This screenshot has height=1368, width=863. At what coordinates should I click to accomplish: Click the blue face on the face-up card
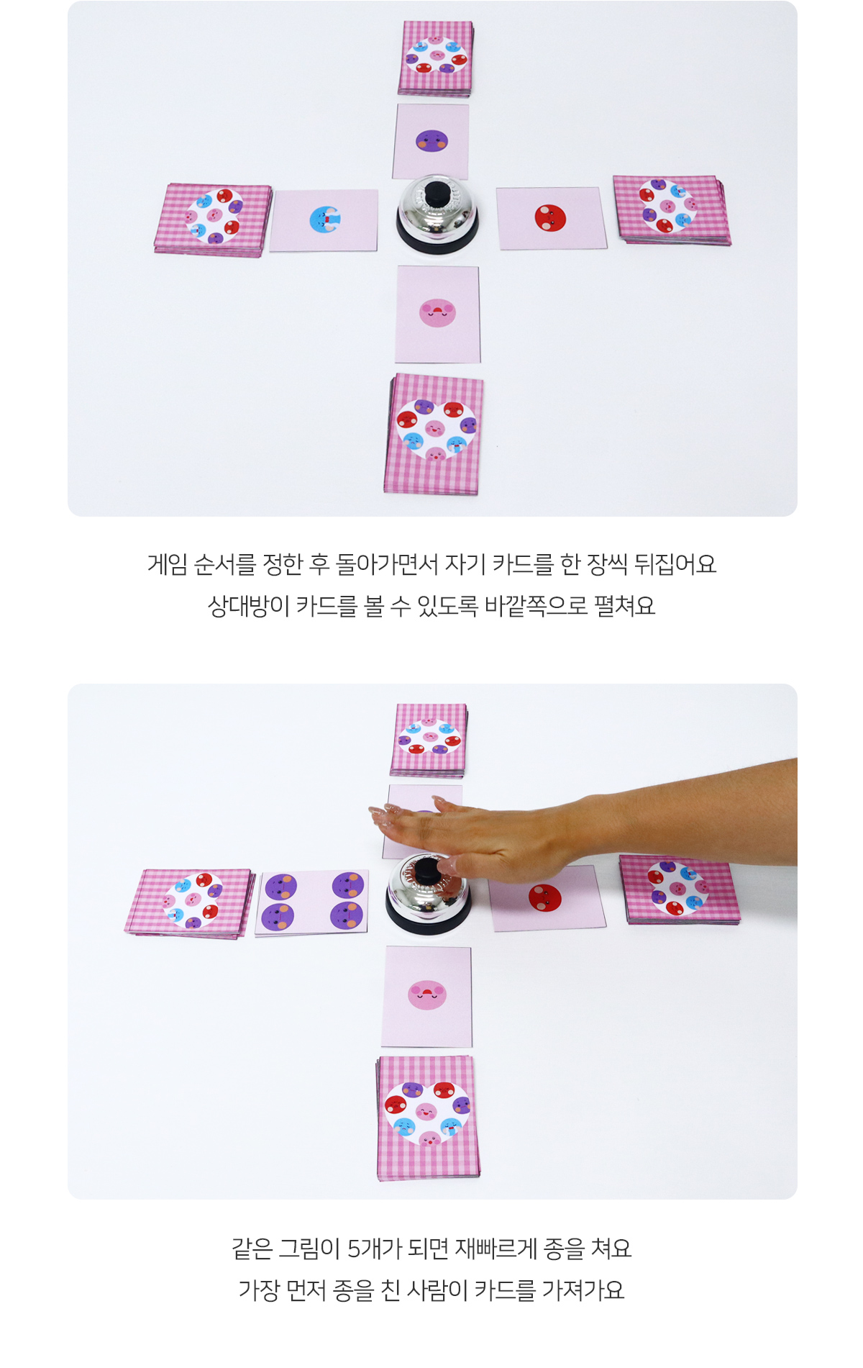coord(324,219)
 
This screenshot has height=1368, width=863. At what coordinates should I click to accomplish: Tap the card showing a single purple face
coord(431,142)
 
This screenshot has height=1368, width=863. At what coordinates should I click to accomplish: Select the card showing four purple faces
coord(312,902)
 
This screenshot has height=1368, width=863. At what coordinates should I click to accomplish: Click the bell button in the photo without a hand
coord(437,194)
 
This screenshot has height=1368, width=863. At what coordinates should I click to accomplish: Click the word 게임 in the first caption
coord(168,563)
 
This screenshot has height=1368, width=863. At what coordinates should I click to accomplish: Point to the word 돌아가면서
coord(387,563)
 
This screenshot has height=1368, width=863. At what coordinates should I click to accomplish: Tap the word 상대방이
coord(248,605)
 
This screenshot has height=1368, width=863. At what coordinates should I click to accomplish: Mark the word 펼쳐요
coord(624,605)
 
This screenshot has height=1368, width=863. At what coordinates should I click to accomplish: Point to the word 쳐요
coord(611,1248)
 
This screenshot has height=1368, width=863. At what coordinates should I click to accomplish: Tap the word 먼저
coord(306,1290)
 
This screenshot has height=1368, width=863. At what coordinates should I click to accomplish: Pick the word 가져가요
coord(583,1290)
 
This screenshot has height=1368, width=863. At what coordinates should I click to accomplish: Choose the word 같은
coord(252,1248)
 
